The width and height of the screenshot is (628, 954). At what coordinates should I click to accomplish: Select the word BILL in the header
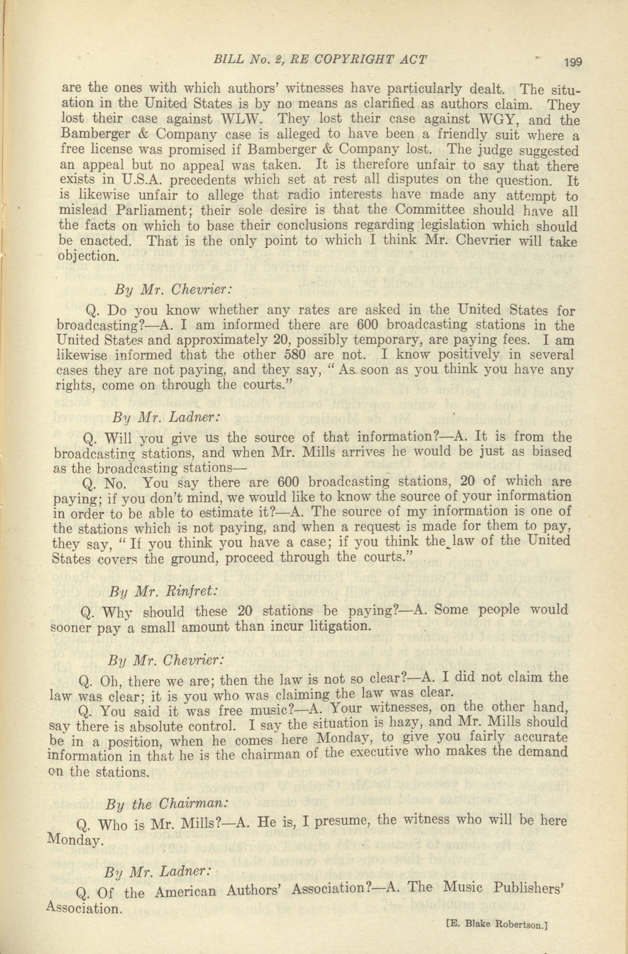pyautogui.click(x=229, y=61)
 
